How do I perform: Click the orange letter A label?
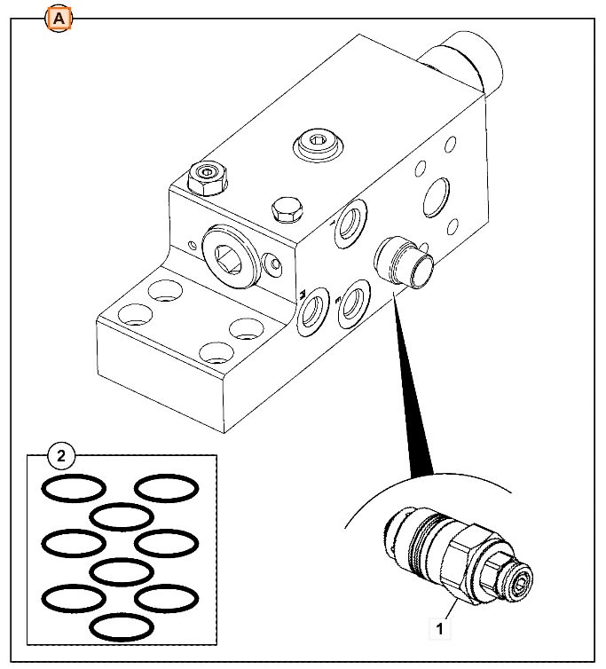tap(58, 18)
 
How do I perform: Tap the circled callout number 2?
tap(60, 457)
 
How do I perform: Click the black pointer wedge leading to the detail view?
tap(413, 382)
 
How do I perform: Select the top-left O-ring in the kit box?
tap(75, 487)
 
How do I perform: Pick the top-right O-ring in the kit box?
tap(166, 487)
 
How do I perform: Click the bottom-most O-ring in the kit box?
tap(122, 626)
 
